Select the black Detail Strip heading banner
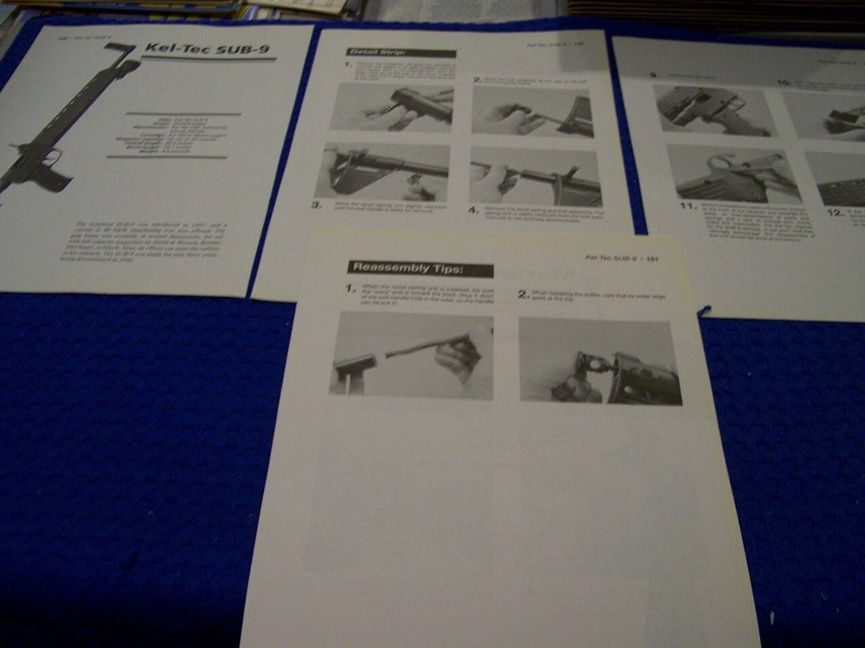point(400,53)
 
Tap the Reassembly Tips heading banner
point(420,269)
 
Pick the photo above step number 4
point(535,175)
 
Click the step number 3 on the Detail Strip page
point(317,206)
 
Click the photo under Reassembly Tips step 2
point(599,360)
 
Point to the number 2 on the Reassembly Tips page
point(522,295)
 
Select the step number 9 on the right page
point(656,75)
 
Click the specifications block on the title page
point(167,135)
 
